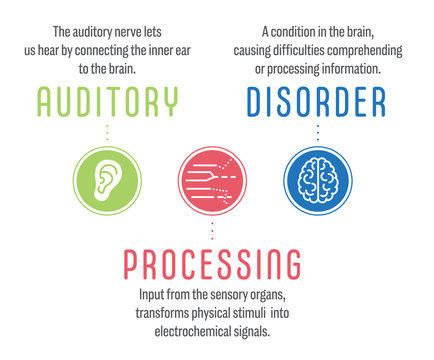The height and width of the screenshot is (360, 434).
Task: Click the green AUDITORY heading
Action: (107, 101)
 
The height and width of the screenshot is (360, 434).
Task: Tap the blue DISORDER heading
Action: (317, 101)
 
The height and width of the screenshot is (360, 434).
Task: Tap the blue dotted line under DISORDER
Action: (317, 131)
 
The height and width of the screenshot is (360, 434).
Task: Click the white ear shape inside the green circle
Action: (105, 178)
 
